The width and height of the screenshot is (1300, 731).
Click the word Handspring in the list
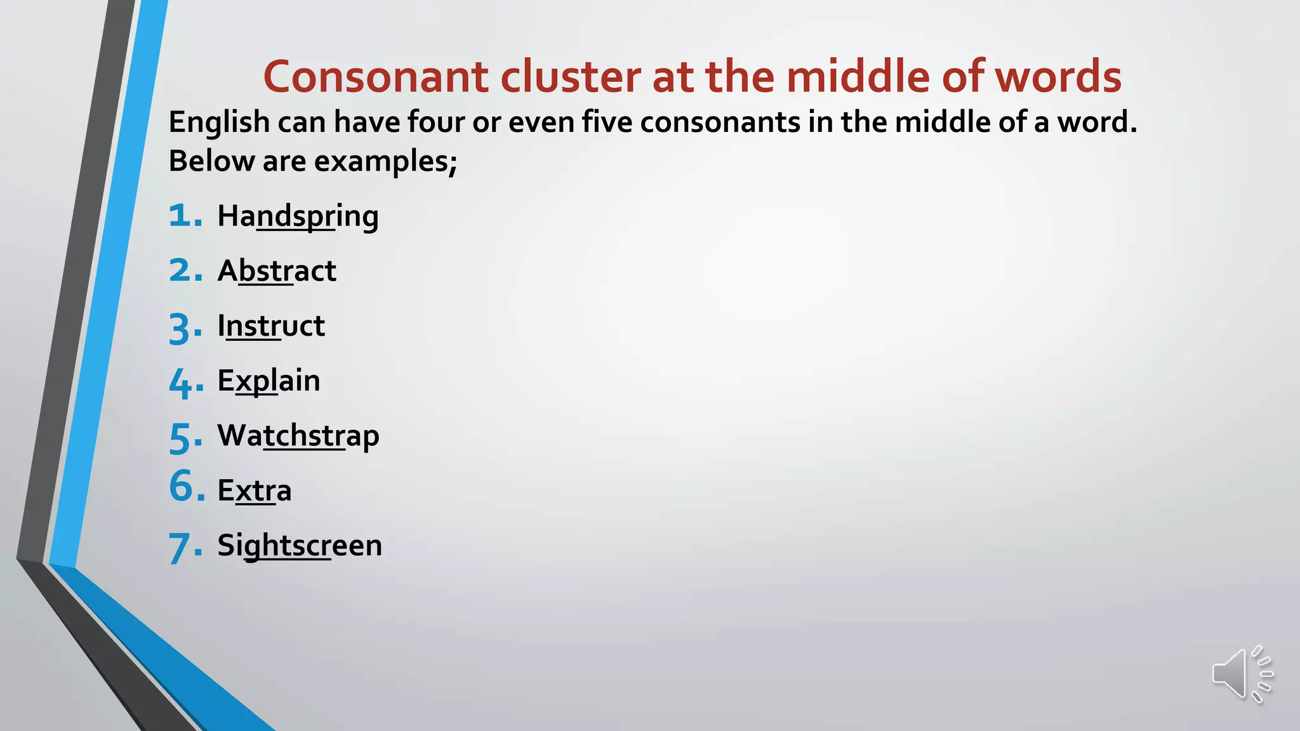(x=298, y=216)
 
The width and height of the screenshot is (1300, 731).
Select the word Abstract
(x=276, y=271)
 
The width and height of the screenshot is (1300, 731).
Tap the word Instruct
(x=271, y=326)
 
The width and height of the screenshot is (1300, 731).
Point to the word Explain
(x=269, y=381)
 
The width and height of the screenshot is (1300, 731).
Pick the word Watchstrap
(x=298, y=436)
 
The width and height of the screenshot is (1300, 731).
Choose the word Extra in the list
(x=254, y=491)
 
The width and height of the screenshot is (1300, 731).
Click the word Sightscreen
(x=300, y=546)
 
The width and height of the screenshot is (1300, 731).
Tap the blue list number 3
(x=180, y=329)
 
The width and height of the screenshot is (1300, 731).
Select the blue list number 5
(x=180, y=438)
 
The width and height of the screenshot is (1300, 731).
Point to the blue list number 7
(x=180, y=548)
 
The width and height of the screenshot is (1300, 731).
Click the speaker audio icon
(x=1241, y=674)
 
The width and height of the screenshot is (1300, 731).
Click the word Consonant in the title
(x=376, y=77)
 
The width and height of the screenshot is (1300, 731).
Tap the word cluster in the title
(x=571, y=77)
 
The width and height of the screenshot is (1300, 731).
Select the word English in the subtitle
(x=219, y=122)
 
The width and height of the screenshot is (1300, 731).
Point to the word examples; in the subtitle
(x=385, y=161)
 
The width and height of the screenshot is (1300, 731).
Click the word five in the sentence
(x=607, y=122)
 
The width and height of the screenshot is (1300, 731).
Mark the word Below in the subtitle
(x=211, y=161)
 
